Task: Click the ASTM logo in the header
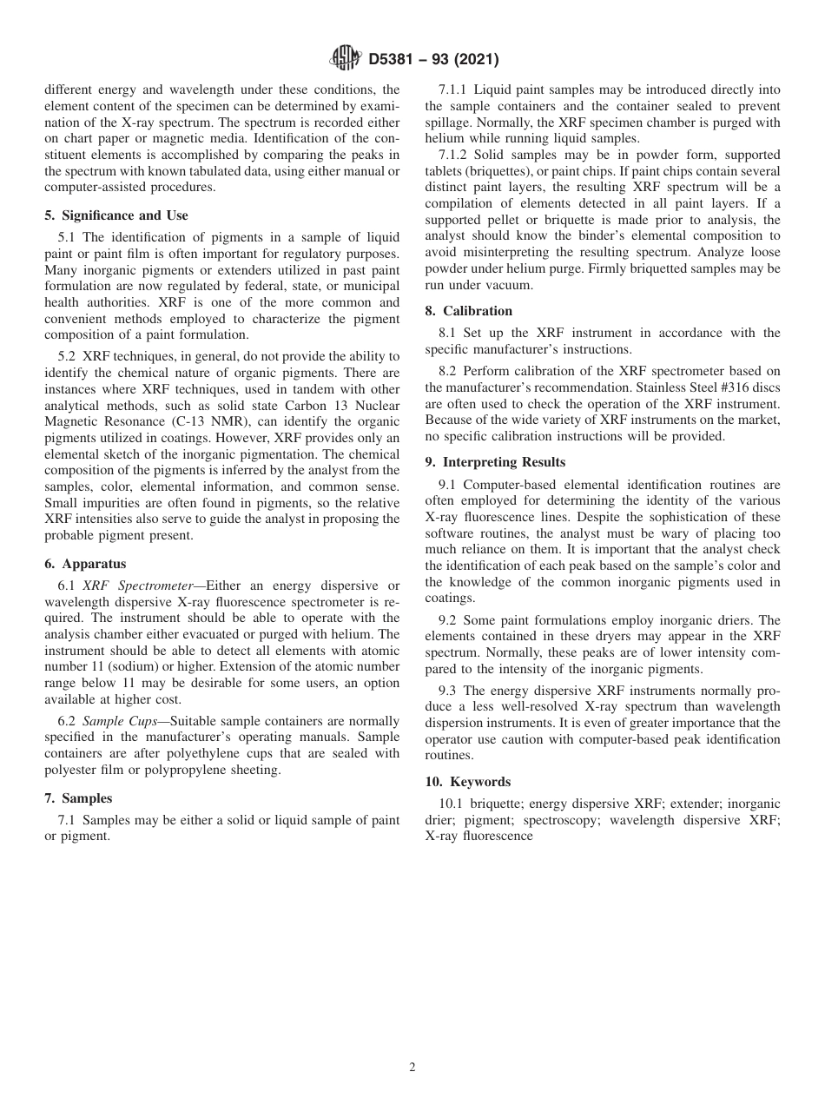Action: tap(346, 60)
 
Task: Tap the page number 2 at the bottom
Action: tap(412, 1068)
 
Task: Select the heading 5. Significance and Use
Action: tap(116, 215)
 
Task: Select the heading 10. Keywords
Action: tap(468, 782)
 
